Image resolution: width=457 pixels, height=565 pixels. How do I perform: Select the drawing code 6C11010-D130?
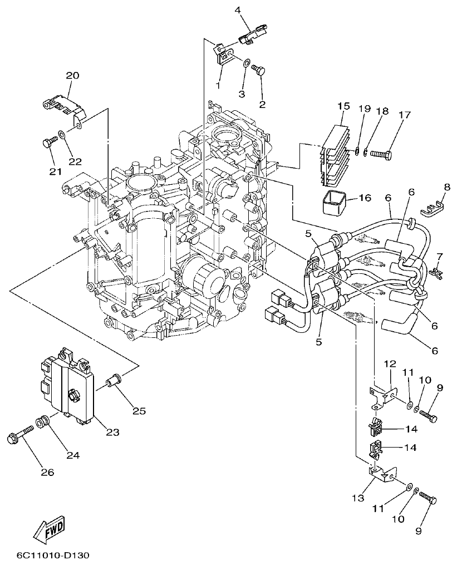[x=52, y=555]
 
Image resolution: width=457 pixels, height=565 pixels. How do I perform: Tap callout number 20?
[x=73, y=76]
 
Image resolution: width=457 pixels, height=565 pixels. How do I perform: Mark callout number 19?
[x=364, y=109]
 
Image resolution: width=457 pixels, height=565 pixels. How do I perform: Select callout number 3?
[x=242, y=94]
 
